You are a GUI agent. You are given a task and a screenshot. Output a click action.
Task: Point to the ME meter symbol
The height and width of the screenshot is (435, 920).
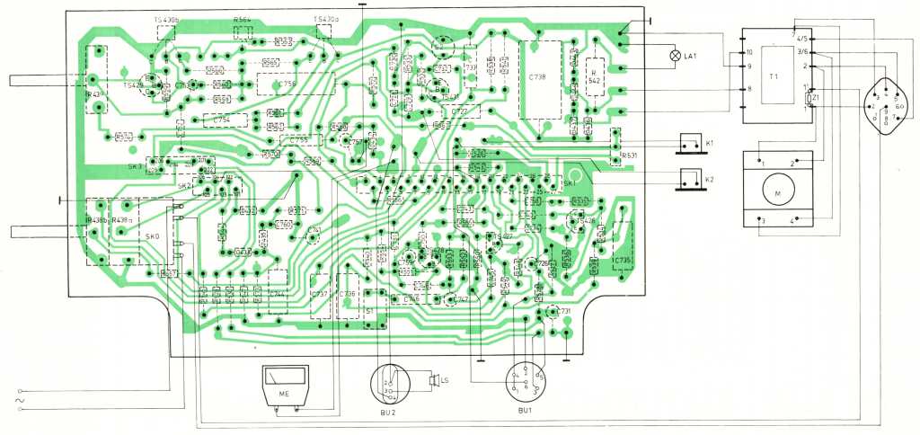pos(284,386)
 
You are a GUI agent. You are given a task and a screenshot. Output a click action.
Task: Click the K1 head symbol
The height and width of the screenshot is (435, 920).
pos(693,143)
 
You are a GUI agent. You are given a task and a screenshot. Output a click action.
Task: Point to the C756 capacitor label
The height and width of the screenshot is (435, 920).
pos(287,84)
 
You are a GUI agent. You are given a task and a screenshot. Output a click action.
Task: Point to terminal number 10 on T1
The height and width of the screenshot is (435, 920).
pos(747,53)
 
